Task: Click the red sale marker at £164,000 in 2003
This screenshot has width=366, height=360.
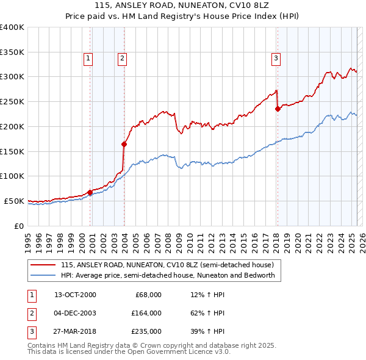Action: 124,144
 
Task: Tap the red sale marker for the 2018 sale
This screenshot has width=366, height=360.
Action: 278,109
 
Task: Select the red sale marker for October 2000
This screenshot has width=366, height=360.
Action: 90,192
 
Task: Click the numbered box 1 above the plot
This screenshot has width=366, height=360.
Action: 88,59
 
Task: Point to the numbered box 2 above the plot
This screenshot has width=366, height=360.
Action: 122,59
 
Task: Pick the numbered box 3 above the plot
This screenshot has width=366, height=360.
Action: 276,59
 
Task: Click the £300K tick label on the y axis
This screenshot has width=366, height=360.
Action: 12,77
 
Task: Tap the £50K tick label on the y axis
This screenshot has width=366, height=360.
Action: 15,201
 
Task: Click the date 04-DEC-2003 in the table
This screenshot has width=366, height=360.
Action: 75,313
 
